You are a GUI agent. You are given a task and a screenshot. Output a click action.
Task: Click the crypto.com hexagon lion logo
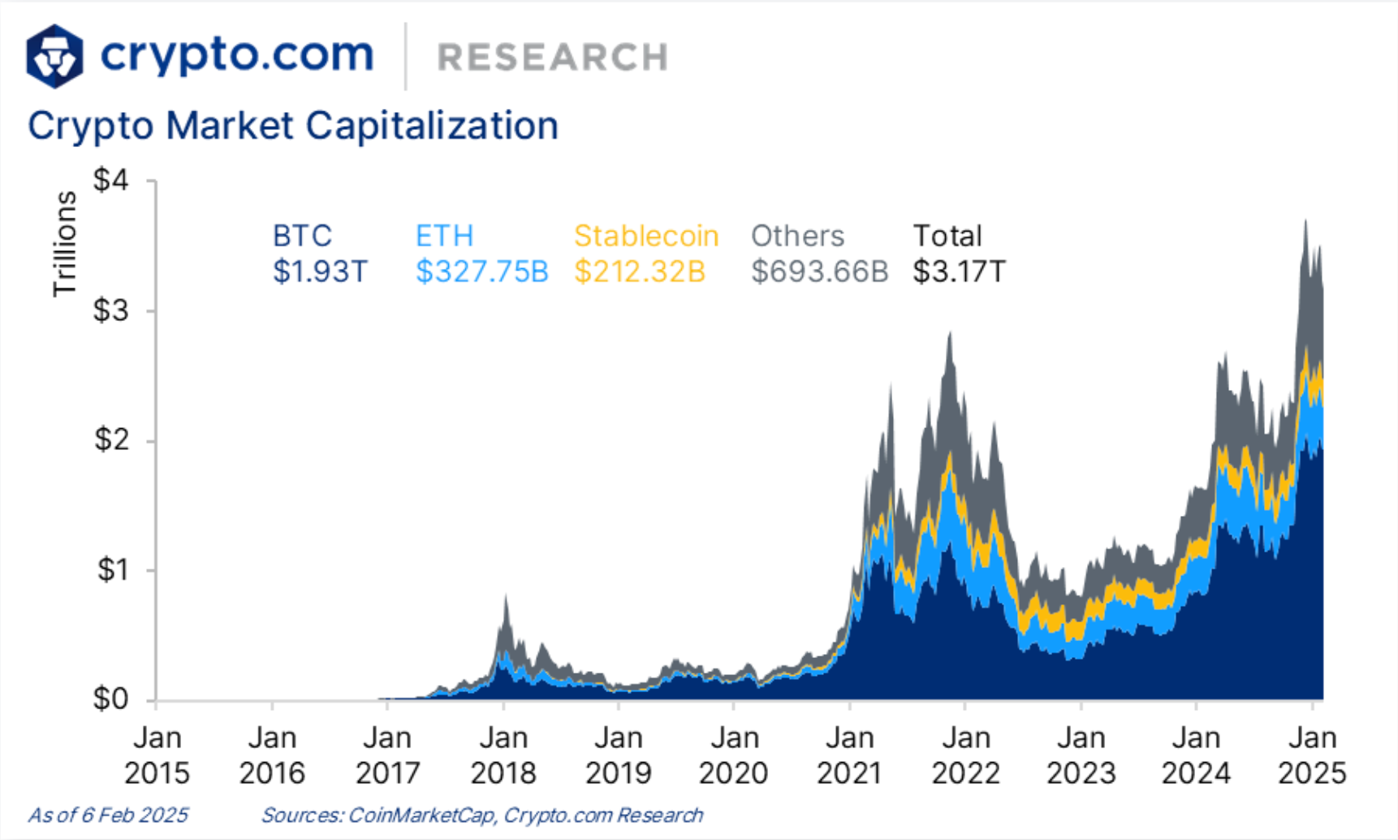[x=54, y=56]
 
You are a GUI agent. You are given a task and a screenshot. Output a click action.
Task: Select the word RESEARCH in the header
[x=553, y=58]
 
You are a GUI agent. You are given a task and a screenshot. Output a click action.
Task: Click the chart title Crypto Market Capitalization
[x=293, y=126]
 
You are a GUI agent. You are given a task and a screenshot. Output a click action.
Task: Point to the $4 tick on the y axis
[x=112, y=180]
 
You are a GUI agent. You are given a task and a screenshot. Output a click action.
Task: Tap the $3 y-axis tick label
[x=112, y=310]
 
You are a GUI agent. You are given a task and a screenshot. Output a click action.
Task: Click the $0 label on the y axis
[x=112, y=699]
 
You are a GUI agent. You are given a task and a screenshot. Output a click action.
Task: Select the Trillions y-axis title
[x=64, y=244]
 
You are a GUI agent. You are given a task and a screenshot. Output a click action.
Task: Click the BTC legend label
[x=302, y=236]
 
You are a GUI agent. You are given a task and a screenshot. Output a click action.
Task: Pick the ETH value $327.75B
[x=482, y=271]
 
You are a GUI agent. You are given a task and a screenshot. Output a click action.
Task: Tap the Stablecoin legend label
[x=646, y=236]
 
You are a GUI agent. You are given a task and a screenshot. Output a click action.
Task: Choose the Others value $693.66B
[x=819, y=271]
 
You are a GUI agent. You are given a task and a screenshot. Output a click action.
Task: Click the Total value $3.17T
[x=959, y=271]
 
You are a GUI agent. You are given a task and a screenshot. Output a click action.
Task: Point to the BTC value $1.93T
[x=320, y=271]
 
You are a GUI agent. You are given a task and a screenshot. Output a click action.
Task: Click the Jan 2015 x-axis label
[x=157, y=755]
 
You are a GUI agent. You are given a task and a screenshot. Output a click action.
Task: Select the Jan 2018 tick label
[x=503, y=755]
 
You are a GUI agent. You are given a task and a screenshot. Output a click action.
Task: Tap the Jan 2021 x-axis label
[x=850, y=755]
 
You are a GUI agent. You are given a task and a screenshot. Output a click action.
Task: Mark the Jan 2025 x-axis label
[x=1312, y=755]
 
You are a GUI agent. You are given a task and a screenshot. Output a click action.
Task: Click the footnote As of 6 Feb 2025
[x=108, y=815]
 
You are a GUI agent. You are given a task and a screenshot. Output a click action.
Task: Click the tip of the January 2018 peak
[x=506, y=596]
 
